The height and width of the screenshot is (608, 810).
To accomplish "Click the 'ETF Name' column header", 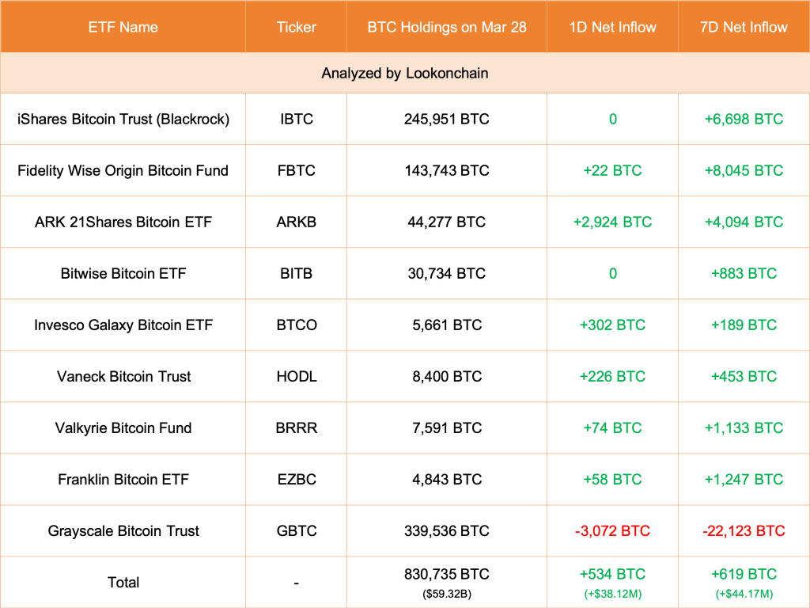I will pyautogui.click(x=123, y=27).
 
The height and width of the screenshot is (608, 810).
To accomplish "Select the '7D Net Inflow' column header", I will pyautogui.click(x=744, y=27).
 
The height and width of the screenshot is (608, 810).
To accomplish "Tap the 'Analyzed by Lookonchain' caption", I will pyautogui.click(x=404, y=74).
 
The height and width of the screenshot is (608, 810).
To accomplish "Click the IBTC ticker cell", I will pyautogui.click(x=296, y=120).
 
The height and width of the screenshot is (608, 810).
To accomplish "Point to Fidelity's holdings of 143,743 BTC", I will pyautogui.click(x=446, y=171).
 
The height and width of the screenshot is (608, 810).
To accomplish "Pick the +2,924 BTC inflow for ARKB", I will pyautogui.click(x=612, y=222).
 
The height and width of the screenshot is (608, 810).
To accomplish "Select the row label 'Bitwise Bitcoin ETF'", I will pyautogui.click(x=123, y=274).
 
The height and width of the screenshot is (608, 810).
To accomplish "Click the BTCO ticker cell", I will pyautogui.click(x=296, y=325).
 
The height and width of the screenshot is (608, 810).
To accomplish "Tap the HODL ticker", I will pyautogui.click(x=296, y=377).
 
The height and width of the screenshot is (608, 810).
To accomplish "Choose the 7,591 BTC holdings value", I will pyautogui.click(x=446, y=428).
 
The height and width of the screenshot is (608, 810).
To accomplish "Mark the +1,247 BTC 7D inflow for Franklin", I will pyautogui.click(x=744, y=480).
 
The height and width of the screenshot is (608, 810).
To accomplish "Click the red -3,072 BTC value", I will pyautogui.click(x=612, y=531).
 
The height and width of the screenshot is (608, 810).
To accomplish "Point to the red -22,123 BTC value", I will pyautogui.click(x=744, y=531).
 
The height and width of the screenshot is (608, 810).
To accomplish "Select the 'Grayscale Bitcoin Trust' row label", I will pyautogui.click(x=123, y=531).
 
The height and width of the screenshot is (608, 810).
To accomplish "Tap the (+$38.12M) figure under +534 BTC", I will pyautogui.click(x=612, y=593).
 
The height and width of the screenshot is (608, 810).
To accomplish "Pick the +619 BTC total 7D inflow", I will pyautogui.click(x=744, y=575).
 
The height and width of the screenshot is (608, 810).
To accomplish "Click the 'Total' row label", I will pyautogui.click(x=123, y=583).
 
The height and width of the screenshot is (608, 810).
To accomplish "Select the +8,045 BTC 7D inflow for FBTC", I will pyautogui.click(x=744, y=171).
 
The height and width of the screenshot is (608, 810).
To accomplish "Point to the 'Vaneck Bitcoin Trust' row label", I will pyautogui.click(x=123, y=377).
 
